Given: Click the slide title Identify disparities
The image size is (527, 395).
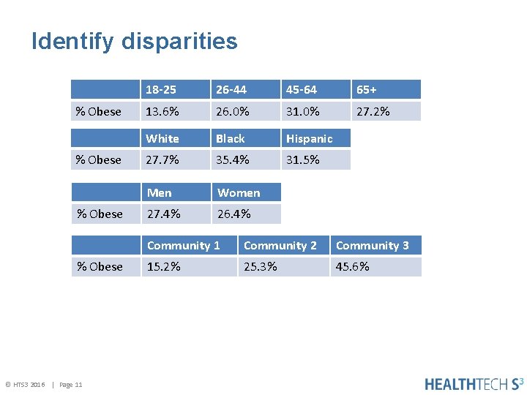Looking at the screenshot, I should pos(135,41).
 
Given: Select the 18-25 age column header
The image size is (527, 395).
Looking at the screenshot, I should pos(160,90).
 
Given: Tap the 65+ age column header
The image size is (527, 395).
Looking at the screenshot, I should pos(366,90).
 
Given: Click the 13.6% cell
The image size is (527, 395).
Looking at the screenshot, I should pos(162,111).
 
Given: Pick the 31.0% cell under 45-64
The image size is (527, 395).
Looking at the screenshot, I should pos(302,111).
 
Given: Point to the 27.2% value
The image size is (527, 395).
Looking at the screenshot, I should pos(373,111).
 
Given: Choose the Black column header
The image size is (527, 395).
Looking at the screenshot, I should pos(230,138).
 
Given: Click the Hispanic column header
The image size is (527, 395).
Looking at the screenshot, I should pos(309,138).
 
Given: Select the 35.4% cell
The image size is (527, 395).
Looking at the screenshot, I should pos(233,159).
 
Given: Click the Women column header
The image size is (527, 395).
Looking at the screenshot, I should pos(239,193).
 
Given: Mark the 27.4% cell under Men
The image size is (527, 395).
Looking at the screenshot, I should pos(163,214).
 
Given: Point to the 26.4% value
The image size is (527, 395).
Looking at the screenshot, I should pos(233,214).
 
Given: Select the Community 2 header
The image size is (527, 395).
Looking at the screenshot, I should pos(280,246).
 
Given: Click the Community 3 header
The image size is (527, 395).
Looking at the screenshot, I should pos(372,246).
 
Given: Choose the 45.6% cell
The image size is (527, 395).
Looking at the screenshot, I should pos(352,266).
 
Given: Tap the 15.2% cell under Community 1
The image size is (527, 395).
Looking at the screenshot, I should pos(163,266).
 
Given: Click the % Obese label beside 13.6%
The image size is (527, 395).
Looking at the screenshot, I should pos(99,111).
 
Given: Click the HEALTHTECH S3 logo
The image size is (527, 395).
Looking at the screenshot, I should pos(474,383).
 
